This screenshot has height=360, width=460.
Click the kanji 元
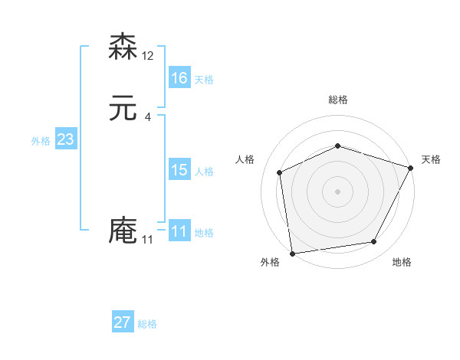[x=123, y=108]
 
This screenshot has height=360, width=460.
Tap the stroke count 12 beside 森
[x=148, y=56]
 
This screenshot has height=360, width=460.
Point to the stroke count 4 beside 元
[x=147, y=117]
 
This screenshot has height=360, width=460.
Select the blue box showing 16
[x=179, y=77]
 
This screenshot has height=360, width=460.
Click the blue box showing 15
[x=179, y=170]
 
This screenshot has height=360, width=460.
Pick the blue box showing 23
[x=66, y=139]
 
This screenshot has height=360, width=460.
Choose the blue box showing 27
[x=123, y=322]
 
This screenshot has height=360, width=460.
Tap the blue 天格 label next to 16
[x=204, y=80]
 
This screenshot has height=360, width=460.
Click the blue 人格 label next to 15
[x=204, y=172]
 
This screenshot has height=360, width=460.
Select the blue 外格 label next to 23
[x=41, y=142]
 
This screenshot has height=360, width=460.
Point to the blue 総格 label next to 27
[x=147, y=325]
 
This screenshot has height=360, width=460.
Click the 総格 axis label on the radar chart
[x=337, y=100]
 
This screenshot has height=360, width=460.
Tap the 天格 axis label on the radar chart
[x=431, y=159]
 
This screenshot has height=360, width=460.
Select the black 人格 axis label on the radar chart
[x=245, y=159]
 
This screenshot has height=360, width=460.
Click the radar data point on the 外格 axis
[x=292, y=252]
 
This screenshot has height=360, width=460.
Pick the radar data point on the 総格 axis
[x=337, y=146]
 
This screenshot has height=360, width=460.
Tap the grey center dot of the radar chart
[x=337, y=191]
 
